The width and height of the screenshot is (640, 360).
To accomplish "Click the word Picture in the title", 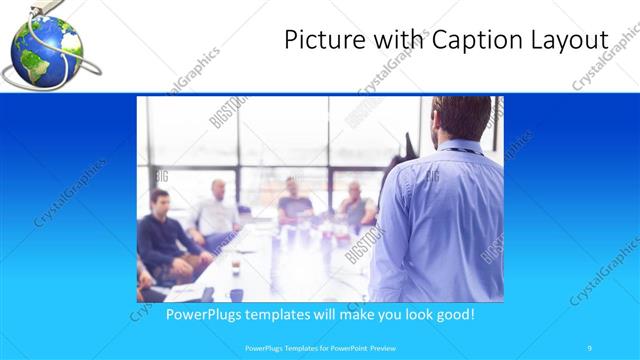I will click(317, 40).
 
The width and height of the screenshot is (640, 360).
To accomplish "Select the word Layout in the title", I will click(567, 40).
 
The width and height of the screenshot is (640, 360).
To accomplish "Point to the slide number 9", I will click(589, 347).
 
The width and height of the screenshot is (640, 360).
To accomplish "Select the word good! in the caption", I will click(454, 315).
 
